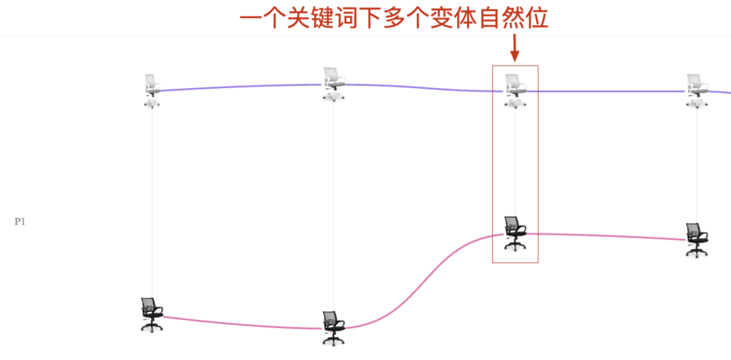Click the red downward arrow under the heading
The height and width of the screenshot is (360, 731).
pos(514,47)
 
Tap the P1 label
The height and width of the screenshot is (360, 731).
pos(20,221)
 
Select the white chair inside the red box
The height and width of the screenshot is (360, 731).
pos(515,90)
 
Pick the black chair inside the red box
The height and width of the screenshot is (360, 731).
pos(514,233)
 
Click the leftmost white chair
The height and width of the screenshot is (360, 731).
pos(152,90)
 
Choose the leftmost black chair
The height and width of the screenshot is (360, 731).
pos(152,314)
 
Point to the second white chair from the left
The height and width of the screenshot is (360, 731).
pos(333,84)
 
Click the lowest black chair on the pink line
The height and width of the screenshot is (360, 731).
pos(333,328)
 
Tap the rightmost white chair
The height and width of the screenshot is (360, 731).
pos(696,91)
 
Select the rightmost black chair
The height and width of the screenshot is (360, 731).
pos(696,240)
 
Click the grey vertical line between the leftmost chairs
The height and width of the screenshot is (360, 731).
pos(152,203)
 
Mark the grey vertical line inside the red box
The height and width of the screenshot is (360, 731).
pos(516,162)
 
